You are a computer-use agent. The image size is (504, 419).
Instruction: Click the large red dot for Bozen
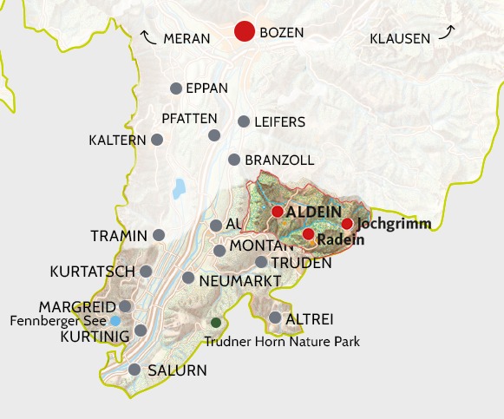click(x=245, y=33)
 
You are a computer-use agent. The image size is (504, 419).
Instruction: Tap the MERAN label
click(x=187, y=39)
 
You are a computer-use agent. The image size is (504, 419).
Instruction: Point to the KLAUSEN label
click(x=400, y=39)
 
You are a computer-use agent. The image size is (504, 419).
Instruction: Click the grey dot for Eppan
click(x=176, y=88)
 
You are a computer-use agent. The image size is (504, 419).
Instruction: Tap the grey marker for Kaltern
click(x=157, y=140)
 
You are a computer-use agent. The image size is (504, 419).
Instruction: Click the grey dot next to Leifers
click(x=244, y=121)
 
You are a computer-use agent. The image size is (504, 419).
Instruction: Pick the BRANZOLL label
click(x=279, y=160)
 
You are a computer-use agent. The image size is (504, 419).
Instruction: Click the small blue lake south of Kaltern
click(x=180, y=188)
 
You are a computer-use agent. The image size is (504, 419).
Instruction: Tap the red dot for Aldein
click(x=277, y=212)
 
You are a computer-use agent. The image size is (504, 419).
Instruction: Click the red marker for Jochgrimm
click(x=347, y=224)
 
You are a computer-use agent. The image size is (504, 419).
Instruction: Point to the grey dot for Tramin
click(x=159, y=235)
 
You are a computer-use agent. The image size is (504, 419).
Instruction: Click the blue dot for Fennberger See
click(x=115, y=321)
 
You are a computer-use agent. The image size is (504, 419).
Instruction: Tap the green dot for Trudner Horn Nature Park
click(x=216, y=323)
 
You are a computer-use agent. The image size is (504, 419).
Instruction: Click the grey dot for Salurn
click(x=134, y=370)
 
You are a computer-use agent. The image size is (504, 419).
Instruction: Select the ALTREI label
click(x=314, y=318)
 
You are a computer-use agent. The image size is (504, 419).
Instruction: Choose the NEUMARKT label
click(x=239, y=281)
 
